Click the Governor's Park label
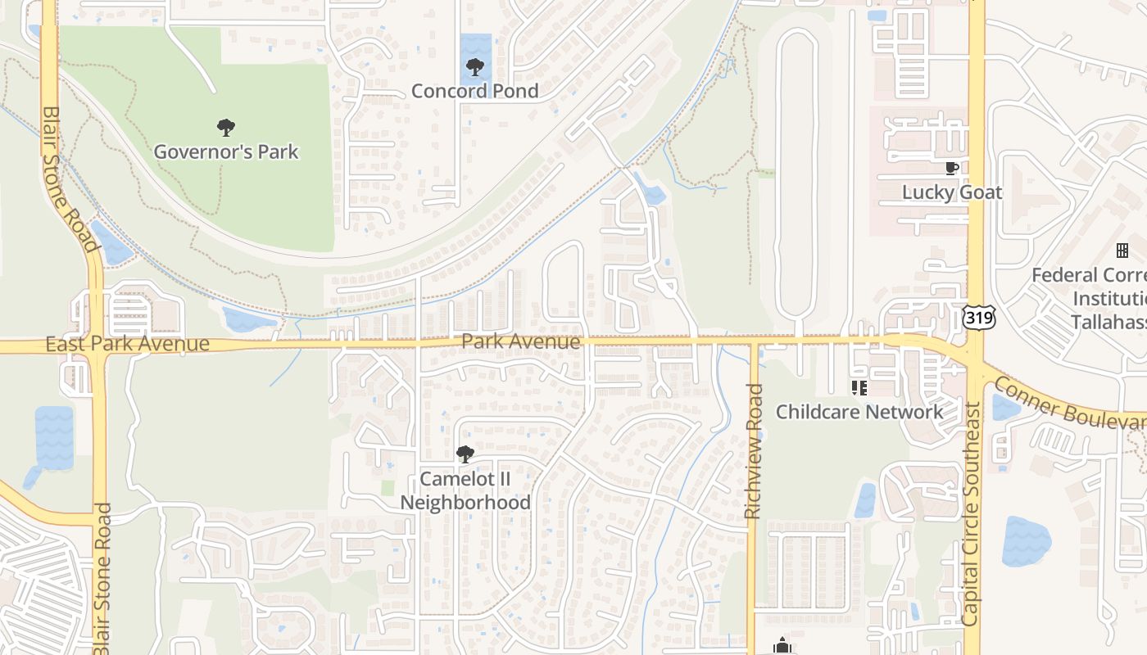[226, 151]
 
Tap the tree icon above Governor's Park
[226, 128]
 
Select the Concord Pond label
[474, 91]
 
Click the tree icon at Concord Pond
[474, 67]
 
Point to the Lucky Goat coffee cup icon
[951, 169]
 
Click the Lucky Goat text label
[952, 192]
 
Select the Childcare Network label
[859, 411]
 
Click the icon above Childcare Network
[859, 387]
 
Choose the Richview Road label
[754, 451]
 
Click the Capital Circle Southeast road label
[972, 514]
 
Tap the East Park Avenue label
[127, 344]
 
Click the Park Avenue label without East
[521, 341]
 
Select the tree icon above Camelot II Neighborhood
[465, 454]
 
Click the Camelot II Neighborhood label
[465, 490]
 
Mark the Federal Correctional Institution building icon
[1122, 251]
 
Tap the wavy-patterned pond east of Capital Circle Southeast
[1025, 540]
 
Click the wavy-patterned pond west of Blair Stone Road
[54, 438]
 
